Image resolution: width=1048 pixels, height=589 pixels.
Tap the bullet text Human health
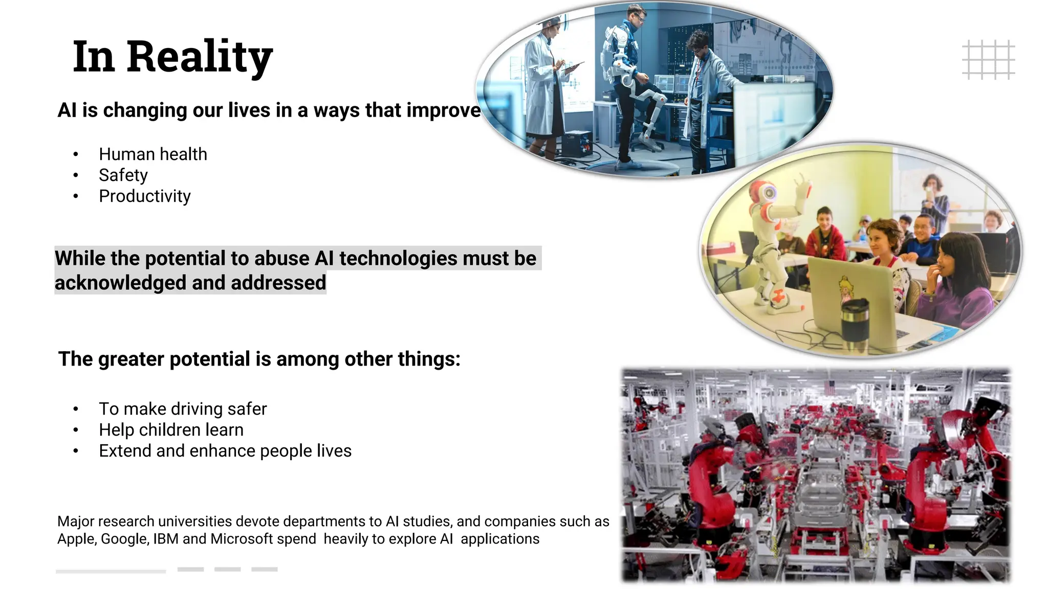point(153,154)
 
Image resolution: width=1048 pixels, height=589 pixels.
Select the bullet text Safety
point(123,175)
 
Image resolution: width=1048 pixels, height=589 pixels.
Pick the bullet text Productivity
point(145,196)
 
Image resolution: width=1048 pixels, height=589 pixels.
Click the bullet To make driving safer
point(183,409)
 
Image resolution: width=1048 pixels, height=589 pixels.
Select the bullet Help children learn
point(171,429)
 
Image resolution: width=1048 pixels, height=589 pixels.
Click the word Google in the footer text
point(125,539)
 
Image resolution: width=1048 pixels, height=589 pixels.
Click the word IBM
point(166,539)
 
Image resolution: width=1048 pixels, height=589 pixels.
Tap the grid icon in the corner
point(988,60)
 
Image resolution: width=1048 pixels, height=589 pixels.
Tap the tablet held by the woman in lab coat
point(573,66)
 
